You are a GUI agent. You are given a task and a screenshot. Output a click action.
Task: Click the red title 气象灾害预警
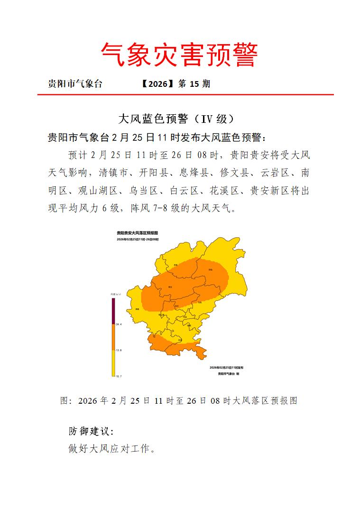coord(180,55)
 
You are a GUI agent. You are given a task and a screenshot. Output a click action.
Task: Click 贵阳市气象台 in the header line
coord(75,84)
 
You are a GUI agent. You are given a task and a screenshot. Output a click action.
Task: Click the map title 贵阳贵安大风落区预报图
coord(137,233)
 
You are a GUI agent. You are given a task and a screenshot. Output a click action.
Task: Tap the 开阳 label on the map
coord(210,269)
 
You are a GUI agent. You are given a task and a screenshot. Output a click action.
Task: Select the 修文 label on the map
coord(169,287)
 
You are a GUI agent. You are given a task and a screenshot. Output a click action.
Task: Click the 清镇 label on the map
coord(137,309)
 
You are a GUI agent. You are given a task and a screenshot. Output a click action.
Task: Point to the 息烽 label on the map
coord(175,264)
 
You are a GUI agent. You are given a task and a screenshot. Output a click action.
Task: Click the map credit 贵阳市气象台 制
coord(229,374)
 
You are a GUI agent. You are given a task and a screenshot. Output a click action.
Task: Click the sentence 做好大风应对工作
coord(112,448)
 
